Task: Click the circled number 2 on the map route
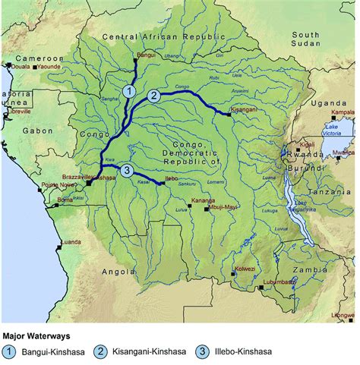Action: tap(154, 96)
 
